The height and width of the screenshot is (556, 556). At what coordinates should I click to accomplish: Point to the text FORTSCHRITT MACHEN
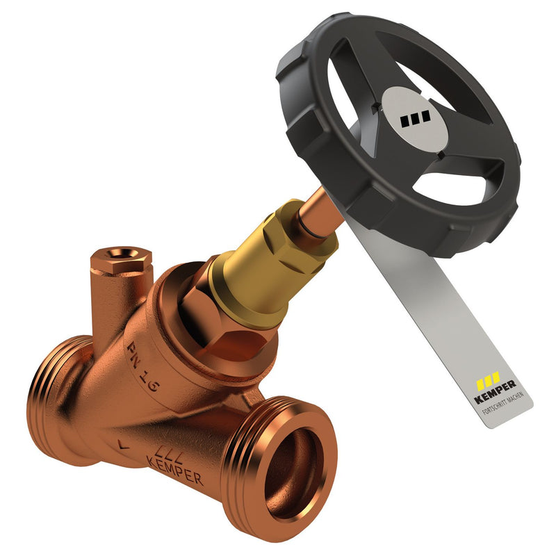pos(502,403)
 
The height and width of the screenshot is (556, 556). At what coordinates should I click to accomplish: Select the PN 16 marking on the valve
pos(142,367)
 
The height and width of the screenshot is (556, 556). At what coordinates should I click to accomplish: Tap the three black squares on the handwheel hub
pos(415,118)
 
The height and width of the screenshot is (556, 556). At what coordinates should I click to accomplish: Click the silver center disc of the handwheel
pos(414,118)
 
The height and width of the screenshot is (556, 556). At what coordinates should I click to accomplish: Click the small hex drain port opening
pos(120,254)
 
